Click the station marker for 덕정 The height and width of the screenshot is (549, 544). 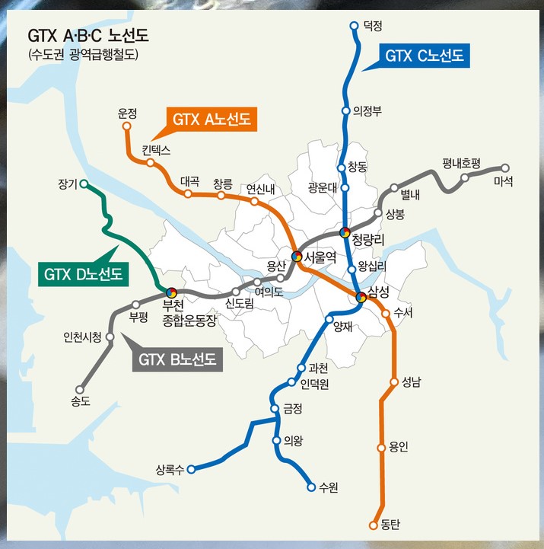(354, 26)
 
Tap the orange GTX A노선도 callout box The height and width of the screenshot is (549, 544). (212, 119)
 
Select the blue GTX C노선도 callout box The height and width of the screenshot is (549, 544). (424, 55)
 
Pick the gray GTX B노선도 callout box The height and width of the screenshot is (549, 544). (178, 359)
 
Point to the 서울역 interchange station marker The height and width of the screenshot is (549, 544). (296, 257)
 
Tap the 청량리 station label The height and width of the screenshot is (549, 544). (371, 238)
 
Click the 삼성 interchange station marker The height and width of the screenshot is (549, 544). (361, 297)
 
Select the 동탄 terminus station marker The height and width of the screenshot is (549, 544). (373, 525)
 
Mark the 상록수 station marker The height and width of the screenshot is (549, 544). (192, 469)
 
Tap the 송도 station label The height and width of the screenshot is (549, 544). (81, 401)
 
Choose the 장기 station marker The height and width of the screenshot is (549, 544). (84, 184)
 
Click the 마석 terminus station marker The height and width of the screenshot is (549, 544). (504, 168)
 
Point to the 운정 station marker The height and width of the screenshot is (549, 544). (127, 126)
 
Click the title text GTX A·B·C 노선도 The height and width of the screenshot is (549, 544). (89, 36)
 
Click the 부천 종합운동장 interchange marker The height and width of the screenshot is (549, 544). (172, 292)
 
